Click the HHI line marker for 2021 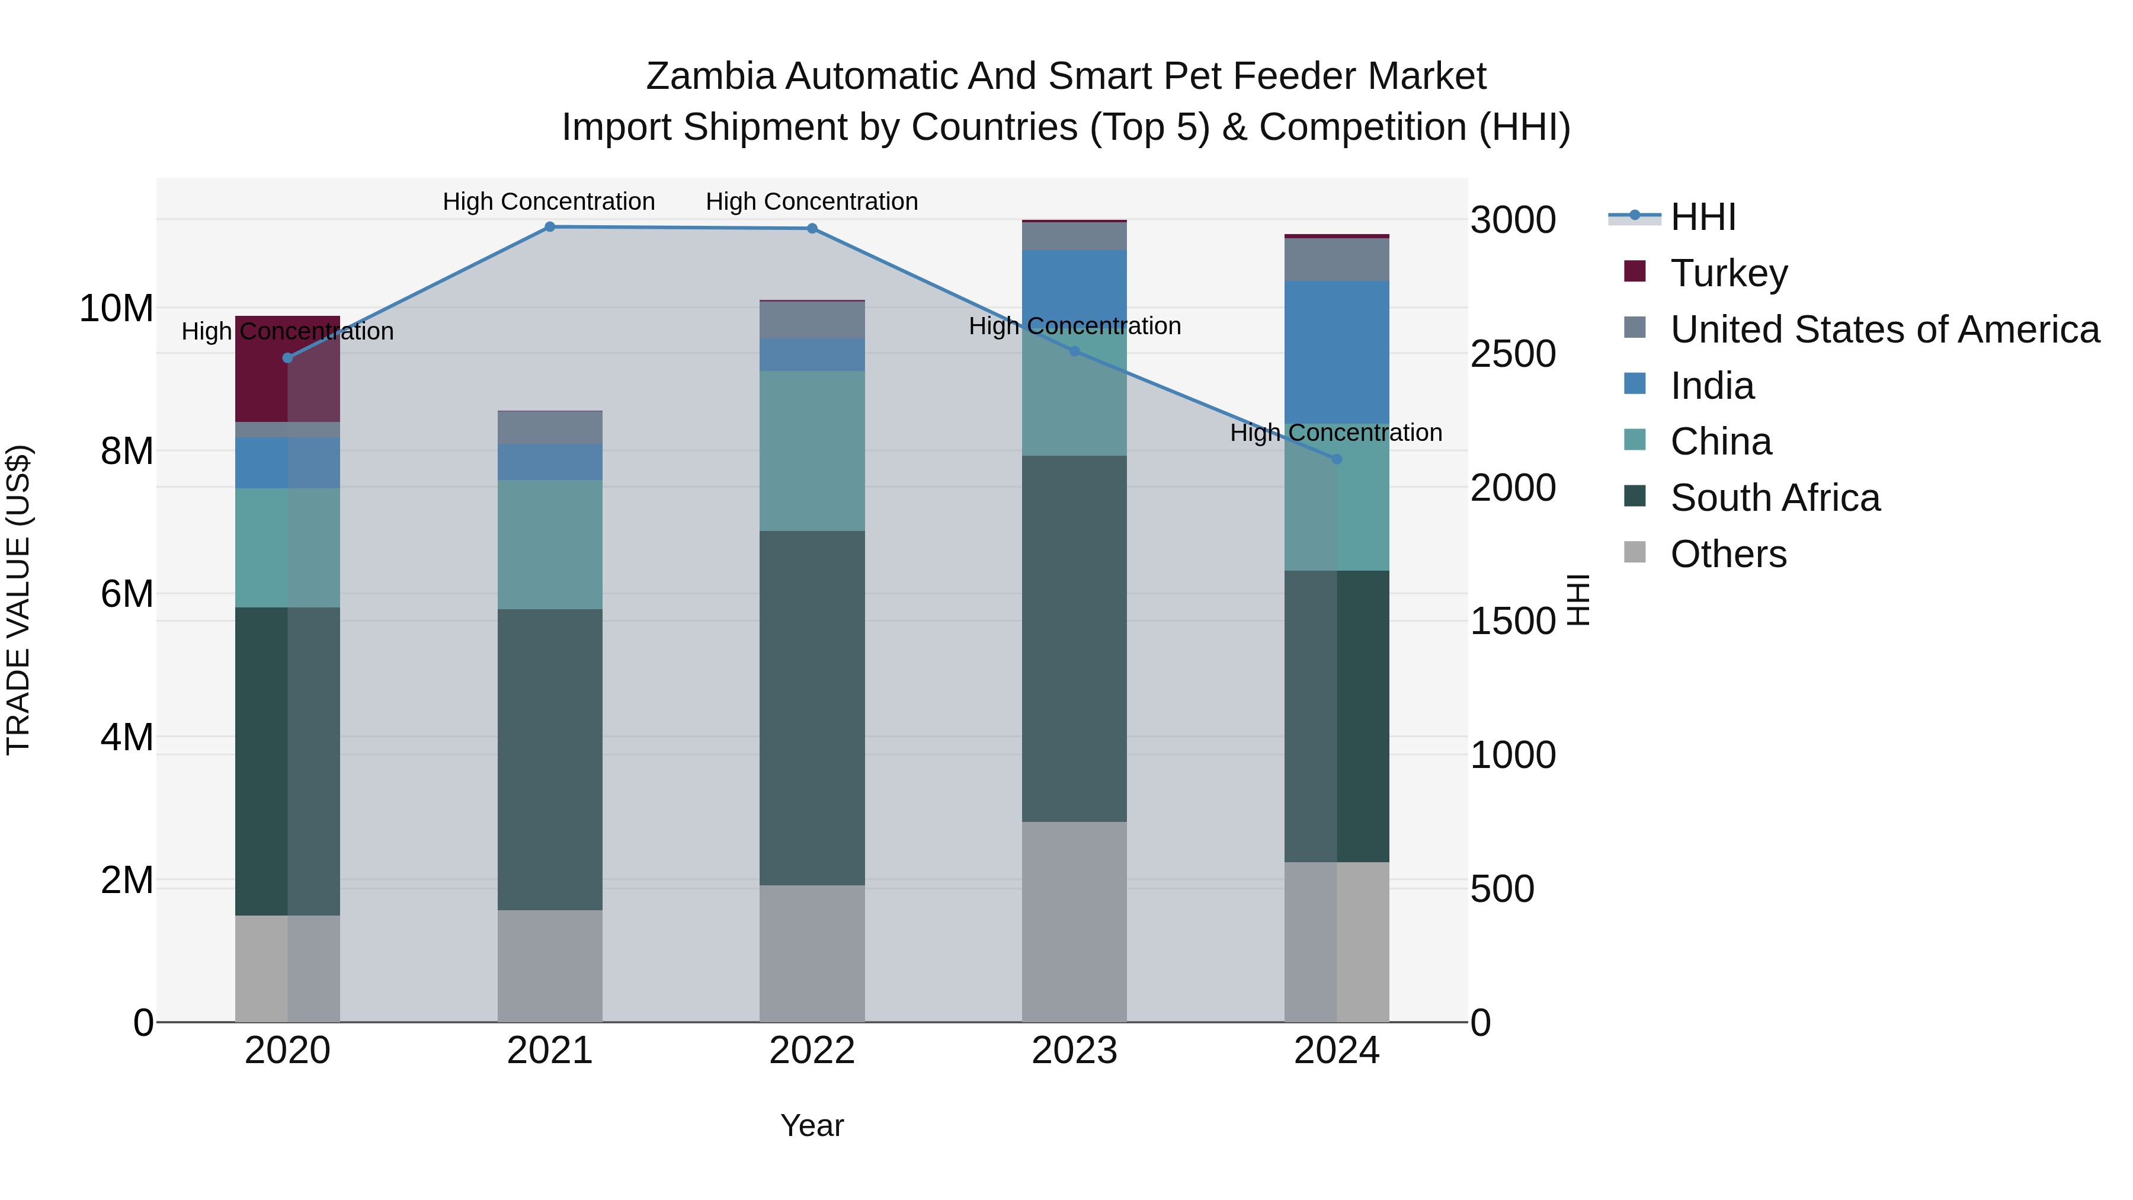pyautogui.click(x=550, y=227)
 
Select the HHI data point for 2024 pyautogui.click(x=1337, y=459)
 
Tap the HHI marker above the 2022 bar pyautogui.click(x=812, y=229)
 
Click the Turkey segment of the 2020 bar pyautogui.click(x=287, y=369)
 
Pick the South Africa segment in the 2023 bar pyautogui.click(x=1074, y=638)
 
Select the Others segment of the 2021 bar pyautogui.click(x=550, y=966)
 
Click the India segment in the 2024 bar pyautogui.click(x=1337, y=352)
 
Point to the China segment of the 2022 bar pyautogui.click(x=812, y=452)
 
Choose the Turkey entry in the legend pyautogui.click(x=1729, y=273)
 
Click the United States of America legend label pyautogui.click(x=1885, y=329)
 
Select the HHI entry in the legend pyautogui.click(x=1702, y=217)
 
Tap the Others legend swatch pyautogui.click(x=1635, y=552)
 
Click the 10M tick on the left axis pyautogui.click(x=116, y=309)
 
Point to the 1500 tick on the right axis pyautogui.click(x=1513, y=622)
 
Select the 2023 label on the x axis pyautogui.click(x=1074, y=1051)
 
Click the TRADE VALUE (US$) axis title pyautogui.click(x=18, y=600)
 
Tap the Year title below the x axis pyautogui.click(x=812, y=1125)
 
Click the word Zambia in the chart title pyautogui.click(x=710, y=76)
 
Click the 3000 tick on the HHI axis pyautogui.click(x=1513, y=220)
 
